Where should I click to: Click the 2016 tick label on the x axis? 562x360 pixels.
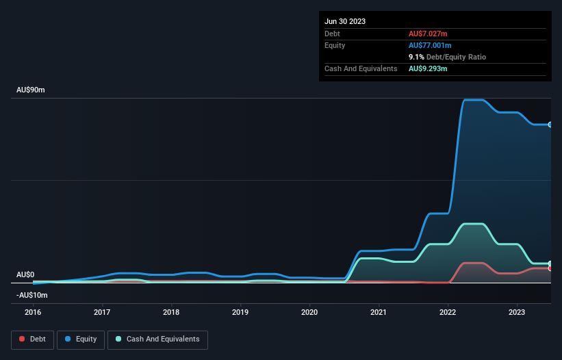[x=33, y=311]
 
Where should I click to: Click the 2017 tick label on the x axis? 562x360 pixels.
[x=102, y=311]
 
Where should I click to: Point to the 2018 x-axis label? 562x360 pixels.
[x=171, y=311]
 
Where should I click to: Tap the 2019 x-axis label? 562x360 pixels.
[x=240, y=311]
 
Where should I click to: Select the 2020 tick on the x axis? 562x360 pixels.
[x=309, y=311]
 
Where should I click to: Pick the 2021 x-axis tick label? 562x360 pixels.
[x=379, y=311]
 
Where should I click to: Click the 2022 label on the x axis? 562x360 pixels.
[x=448, y=311]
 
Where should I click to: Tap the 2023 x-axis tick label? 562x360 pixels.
[x=517, y=311]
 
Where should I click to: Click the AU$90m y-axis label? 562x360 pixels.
[x=30, y=90]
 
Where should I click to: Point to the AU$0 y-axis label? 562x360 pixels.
[x=25, y=274]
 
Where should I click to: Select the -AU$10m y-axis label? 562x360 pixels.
[x=31, y=295]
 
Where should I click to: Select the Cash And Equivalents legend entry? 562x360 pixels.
[x=157, y=339]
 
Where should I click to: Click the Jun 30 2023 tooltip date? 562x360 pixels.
[x=345, y=21]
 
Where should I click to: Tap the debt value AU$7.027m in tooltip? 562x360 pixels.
[x=428, y=34]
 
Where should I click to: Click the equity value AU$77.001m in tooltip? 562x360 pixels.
[x=431, y=45]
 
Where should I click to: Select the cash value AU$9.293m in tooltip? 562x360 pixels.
[x=428, y=69]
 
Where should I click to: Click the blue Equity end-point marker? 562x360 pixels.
[x=550, y=125]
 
